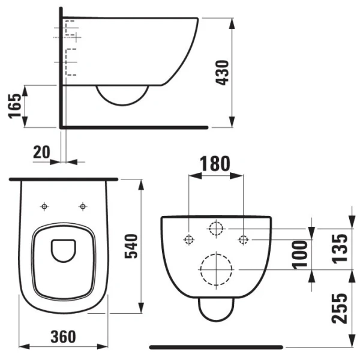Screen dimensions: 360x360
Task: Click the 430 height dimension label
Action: pos(222,73)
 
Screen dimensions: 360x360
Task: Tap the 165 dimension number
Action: pos(14,106)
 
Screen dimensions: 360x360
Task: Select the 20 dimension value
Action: pos(41,152)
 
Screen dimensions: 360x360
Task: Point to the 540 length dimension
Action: pos(131,246)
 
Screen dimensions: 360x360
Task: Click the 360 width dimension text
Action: pos(63,337)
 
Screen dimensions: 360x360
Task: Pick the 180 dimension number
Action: pos(215,163)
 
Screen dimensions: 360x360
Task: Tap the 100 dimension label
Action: pos(299,255)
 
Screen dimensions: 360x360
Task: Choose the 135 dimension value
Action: pos(340,248)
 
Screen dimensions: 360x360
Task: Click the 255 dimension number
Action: pos(340,308)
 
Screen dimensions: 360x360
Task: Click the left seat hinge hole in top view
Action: pos(44,206)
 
